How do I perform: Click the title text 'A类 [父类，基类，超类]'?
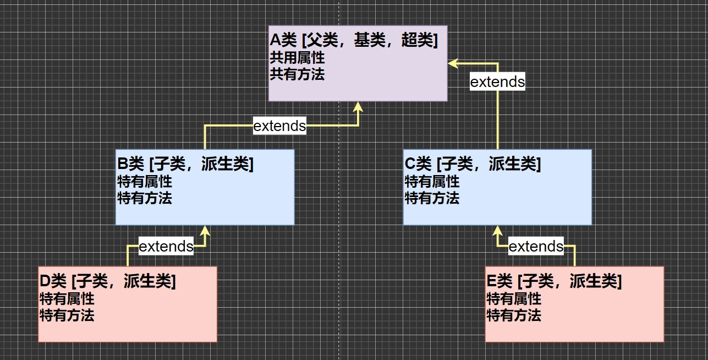354,40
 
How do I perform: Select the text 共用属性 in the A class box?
297,57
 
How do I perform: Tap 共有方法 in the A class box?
297,74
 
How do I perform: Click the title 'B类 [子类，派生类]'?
185,164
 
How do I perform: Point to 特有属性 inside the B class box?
145,181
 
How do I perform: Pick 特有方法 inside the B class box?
145,198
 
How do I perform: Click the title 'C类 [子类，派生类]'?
473,164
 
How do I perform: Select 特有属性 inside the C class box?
432,181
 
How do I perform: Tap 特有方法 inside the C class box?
432,198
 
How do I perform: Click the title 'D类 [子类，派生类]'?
108,281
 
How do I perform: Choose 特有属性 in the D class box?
67,298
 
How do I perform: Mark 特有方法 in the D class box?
67,315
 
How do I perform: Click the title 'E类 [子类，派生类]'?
554,281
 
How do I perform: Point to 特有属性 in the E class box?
514,298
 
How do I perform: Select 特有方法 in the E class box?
514,315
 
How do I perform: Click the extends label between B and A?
279,126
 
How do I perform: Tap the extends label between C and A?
497,82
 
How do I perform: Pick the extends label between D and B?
166,246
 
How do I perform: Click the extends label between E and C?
536,246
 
